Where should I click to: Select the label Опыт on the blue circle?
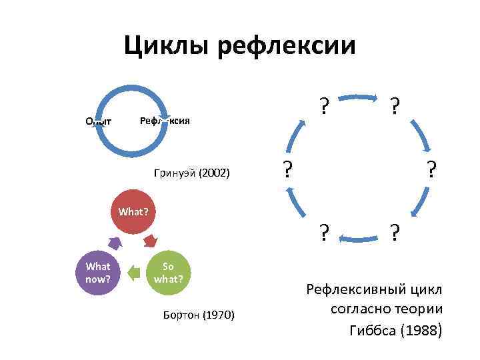click(x=98, y=121)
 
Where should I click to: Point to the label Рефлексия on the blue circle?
click(x=164, y=121)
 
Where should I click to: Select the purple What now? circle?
click(x=98, y=271)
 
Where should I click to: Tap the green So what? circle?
click(x=169, y=271)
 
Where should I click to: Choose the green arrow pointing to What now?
click(x=134, y=271)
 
